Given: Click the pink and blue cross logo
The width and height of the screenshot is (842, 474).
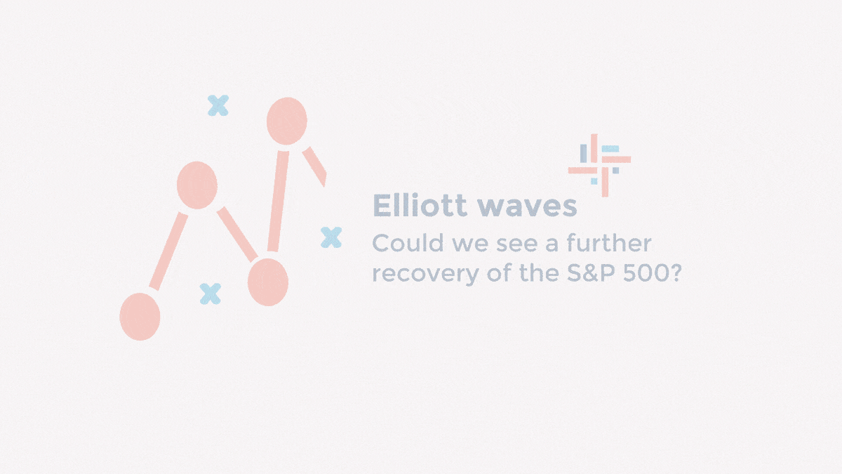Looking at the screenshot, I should point(599,159).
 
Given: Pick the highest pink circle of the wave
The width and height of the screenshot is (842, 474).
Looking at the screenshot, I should point(287,121).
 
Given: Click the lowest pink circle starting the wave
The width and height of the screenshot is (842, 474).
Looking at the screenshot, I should point(140,317).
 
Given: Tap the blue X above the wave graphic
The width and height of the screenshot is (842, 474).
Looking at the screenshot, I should point(218,105).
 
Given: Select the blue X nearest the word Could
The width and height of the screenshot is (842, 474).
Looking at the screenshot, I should point(331,237).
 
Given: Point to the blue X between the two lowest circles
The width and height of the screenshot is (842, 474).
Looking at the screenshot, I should point(210,294).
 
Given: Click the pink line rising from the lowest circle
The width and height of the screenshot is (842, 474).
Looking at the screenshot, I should point(169,251).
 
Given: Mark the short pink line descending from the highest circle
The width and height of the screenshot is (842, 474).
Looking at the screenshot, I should point(315,166).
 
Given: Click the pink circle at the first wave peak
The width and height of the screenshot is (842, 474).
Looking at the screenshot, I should point(197,185).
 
